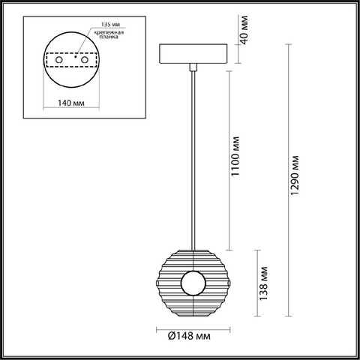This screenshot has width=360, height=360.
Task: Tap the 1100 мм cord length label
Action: pos(235,156)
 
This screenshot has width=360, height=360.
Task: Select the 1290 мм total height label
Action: pos(295,175)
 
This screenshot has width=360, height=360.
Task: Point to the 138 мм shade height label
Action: pos(263,283)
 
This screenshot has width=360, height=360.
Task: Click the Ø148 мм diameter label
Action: pos(189,336)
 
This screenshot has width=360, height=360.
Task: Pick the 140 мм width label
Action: pos(71,103)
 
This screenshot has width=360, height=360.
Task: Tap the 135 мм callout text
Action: pos(110,24)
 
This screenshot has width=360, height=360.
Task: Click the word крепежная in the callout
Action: pos(109,32)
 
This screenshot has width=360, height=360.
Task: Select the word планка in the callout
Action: pos(109,37)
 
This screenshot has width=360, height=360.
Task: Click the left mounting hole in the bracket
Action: pos(59,60)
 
